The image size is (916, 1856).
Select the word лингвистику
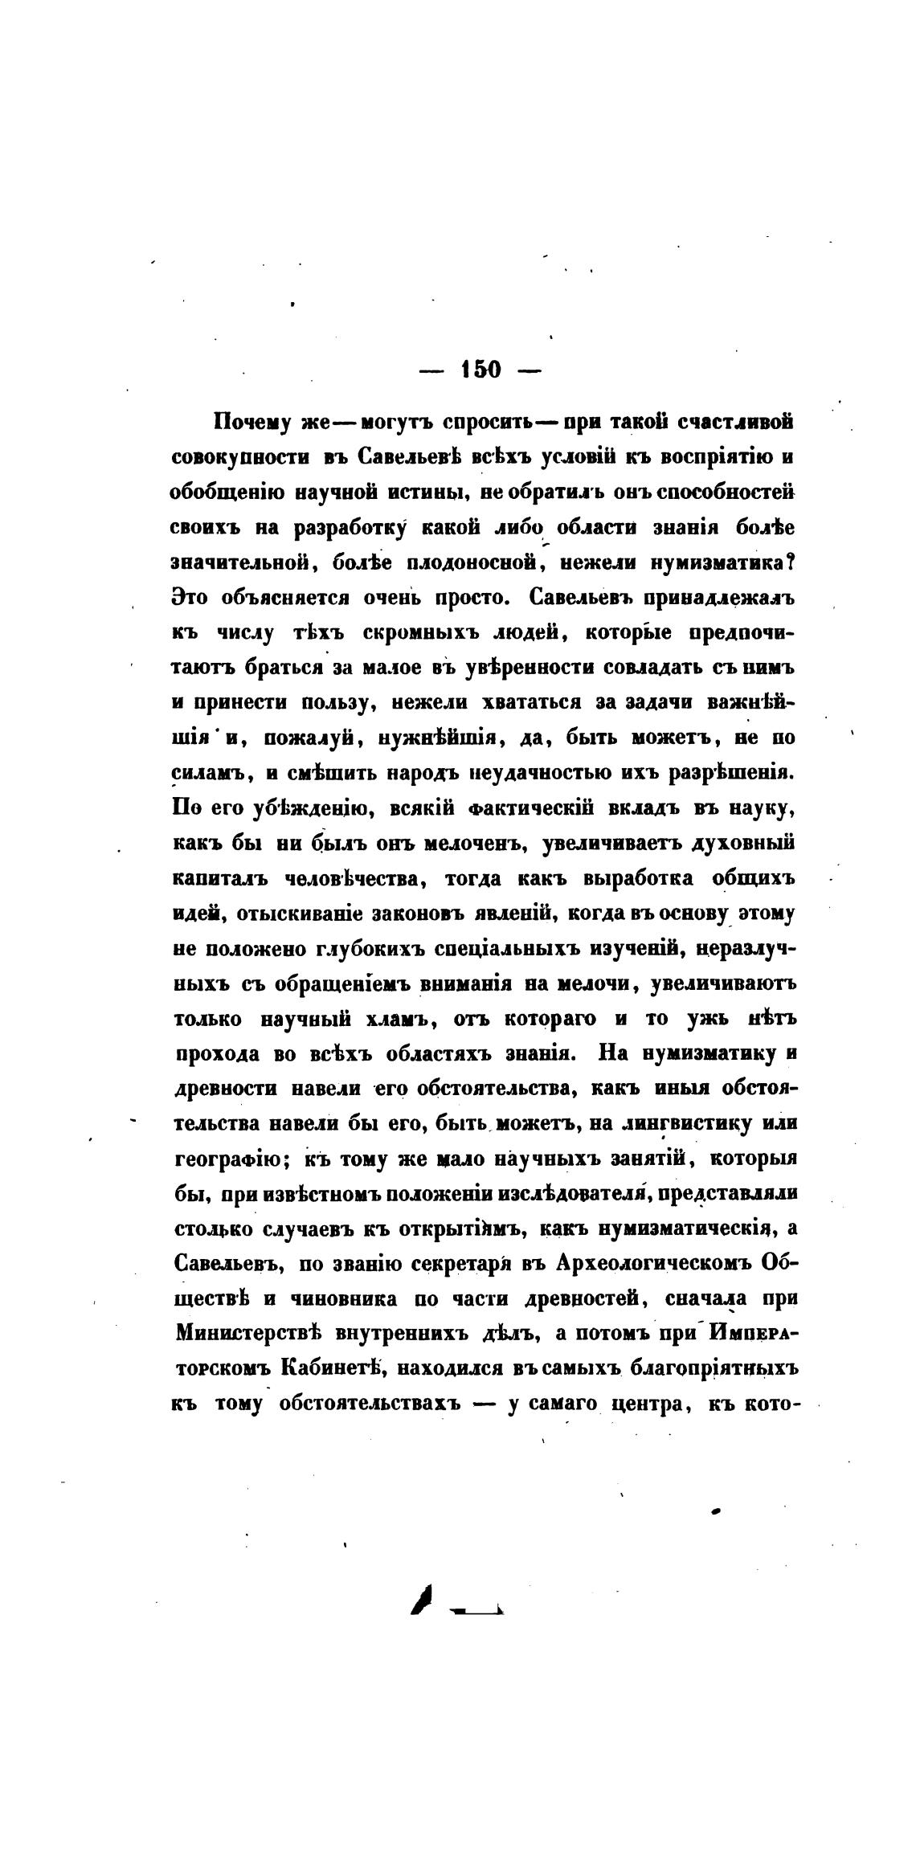[x=690, y=1125]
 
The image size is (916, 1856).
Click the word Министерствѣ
[x=248, y=1335]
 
